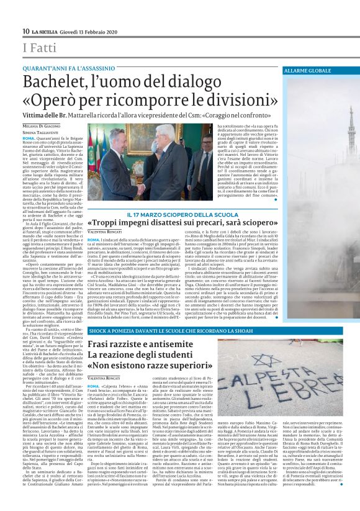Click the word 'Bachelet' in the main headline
click(58, 83)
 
